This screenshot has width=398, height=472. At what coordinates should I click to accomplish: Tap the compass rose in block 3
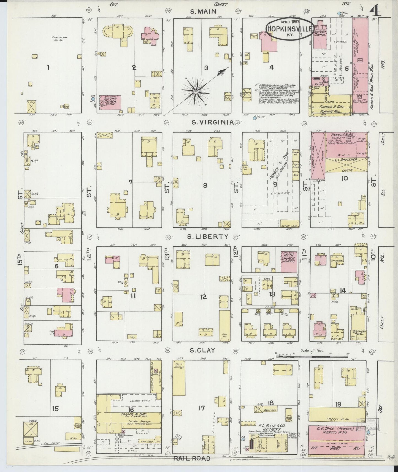(x=196, y=91)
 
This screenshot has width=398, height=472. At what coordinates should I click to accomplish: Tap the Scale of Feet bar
(x=297, y=356)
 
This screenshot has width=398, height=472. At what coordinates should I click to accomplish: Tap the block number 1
(x=48, y=67)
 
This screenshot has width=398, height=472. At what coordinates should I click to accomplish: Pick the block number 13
(x=272, y=294)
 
